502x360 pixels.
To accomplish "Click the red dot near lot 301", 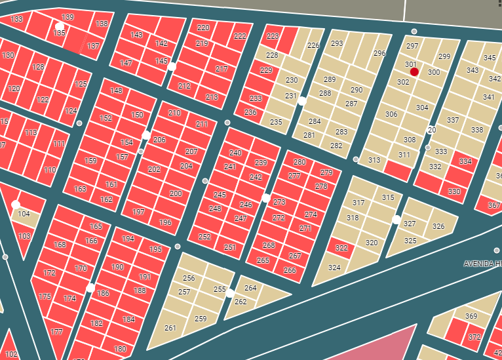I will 415,71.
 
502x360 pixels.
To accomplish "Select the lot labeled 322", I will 341,248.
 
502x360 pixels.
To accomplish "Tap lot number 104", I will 24,214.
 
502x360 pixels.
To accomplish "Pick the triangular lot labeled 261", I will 170,328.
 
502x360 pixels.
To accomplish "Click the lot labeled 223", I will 273,36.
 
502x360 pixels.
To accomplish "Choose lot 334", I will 465,161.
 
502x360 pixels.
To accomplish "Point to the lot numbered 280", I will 299,162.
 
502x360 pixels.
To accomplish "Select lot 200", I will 176,193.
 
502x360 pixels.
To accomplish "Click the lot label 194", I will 128,239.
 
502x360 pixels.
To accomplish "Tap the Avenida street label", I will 482,264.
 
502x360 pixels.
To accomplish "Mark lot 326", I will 438,227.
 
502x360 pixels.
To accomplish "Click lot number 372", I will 474,337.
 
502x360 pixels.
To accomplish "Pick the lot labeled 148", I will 116,90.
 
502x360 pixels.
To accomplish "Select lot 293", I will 337,43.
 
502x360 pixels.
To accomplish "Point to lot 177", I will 56,332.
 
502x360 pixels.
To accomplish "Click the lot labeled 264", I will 250,288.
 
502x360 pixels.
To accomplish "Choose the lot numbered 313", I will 374,160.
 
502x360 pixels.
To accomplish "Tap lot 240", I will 235,153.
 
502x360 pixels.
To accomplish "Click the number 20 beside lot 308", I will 431,130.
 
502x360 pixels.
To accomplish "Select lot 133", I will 17,19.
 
